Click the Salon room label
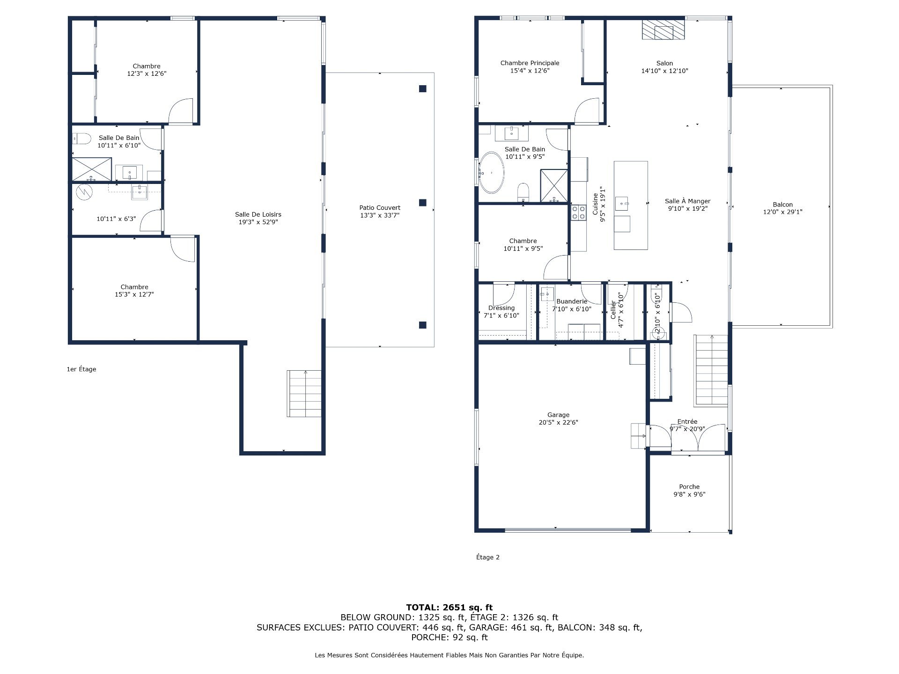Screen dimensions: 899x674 coord(664,63)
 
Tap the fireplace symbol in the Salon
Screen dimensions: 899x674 coord(663,30)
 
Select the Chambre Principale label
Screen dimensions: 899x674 coord(530,63)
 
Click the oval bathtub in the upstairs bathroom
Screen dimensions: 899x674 coord(491,172)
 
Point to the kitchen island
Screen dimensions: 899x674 coord(631,205)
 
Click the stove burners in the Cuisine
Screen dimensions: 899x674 coord(578,213)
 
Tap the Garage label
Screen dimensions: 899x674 coord(558,415)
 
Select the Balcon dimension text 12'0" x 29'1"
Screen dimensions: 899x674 coord(783,212)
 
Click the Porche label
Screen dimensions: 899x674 coord(689,487)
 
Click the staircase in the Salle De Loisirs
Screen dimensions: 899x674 coord(304,393)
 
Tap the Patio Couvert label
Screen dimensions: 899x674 coord(380,208)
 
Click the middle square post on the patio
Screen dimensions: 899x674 coord(423,203)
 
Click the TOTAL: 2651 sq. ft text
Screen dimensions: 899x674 coord(449,608)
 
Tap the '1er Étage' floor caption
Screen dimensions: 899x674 coord(81,369)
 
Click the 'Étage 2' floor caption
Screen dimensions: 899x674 coord(488,557)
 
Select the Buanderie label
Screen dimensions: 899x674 coord(572,301)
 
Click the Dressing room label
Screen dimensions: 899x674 coord(501,308)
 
